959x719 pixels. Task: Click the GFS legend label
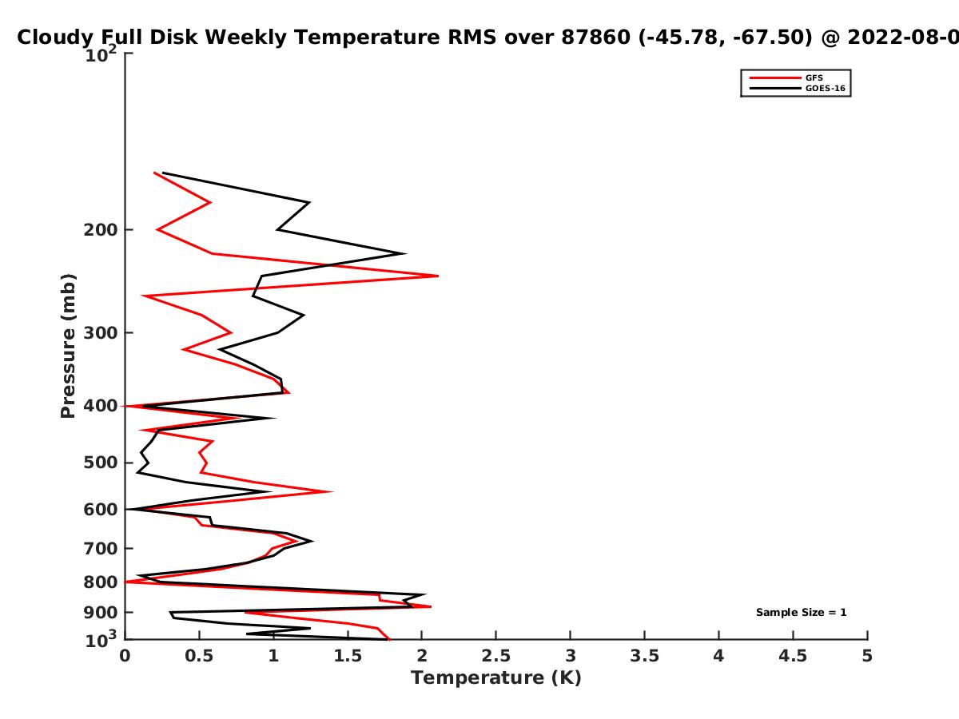tap(814, 78)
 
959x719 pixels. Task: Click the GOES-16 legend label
tap(826, 89)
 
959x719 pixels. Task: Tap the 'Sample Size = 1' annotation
tap(802, 613)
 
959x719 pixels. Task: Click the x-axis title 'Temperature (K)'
tap(496, 678)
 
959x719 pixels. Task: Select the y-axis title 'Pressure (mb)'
tap(68, 346)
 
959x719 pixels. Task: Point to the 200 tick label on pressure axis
tap(101, 230)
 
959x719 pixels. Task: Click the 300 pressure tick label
tap(101, 333)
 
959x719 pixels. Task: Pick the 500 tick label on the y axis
tap(101, 463)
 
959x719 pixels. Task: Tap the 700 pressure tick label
tap(101, 549)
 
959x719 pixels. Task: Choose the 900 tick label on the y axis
tap(101, 613)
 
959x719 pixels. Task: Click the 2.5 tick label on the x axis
tap(496, 656)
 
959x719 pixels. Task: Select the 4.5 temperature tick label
tap(793, 656)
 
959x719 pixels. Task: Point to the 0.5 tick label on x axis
tap(199, 656)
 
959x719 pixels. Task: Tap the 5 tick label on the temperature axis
tap(867, 656)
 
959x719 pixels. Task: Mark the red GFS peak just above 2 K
tap(437, 276)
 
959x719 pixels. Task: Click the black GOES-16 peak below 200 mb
tap(405, 253)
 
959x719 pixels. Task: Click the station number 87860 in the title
tap(596, 38)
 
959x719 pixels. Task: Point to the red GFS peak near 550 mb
tap(332, 491)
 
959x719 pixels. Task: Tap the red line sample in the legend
tap(775, 78)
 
